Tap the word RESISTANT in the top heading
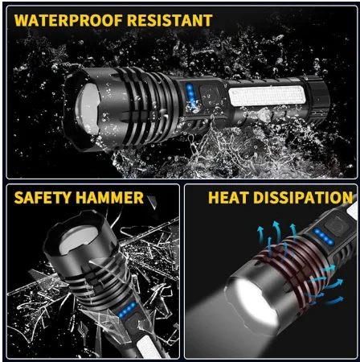168,20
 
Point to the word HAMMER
112,197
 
